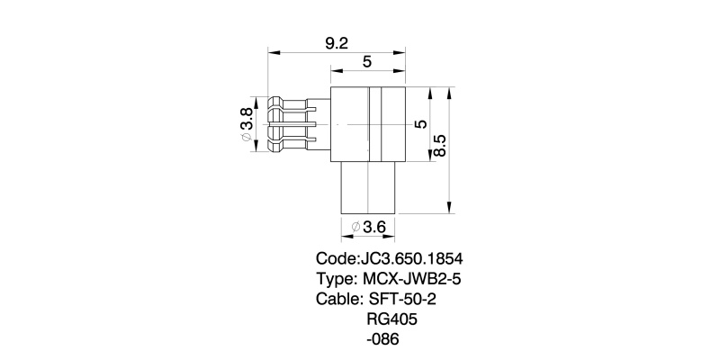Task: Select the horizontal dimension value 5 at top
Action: pyautogui.click(x=367, y=62)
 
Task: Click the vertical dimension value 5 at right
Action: pyautogui.click(x=418, y=124)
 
